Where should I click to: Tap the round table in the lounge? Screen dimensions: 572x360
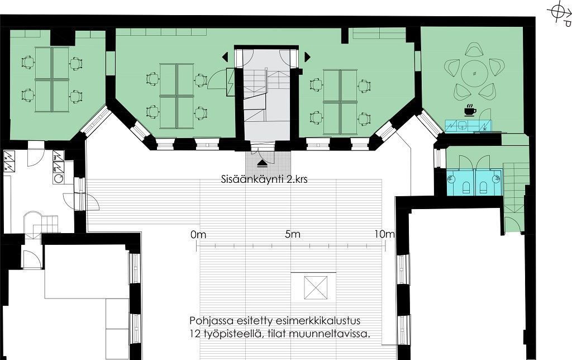click(x=474, y=73)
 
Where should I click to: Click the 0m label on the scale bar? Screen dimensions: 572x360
click(x=198, y=234)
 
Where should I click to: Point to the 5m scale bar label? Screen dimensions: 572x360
click(x=293, y=234)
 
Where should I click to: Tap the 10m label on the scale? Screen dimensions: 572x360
click(x=384, y=234)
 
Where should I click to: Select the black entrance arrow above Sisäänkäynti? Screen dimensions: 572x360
click(x=263, y=163)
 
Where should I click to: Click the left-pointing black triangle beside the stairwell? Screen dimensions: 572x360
click(x=225, y=57)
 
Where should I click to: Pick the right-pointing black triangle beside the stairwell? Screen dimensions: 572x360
click(x=308, y=57)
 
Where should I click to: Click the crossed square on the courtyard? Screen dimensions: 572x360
click(x=315, y=287)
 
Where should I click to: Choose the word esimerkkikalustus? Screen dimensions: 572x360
click(x=318, y=321)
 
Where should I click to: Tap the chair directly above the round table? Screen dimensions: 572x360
click(x=474, y=50)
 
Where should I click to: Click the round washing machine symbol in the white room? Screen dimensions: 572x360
click(x=58, y=179)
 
